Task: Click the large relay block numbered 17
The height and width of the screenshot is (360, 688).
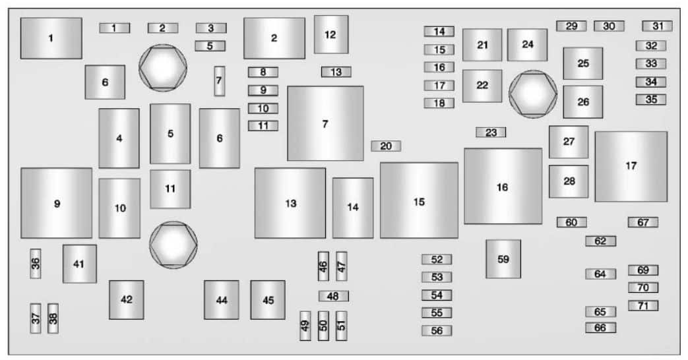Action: [631, 166]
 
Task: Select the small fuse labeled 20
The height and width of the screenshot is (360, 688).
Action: [386, 146]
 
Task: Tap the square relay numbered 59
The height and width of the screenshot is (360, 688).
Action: [503, 258]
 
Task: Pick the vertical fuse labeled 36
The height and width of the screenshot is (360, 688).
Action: [36, 264]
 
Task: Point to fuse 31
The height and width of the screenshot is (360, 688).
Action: [657, 26]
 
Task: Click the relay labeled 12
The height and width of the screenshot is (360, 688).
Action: [331, 34]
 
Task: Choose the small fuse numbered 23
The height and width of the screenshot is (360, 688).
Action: [491, 132]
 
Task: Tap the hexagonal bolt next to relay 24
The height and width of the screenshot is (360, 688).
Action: [533, 94]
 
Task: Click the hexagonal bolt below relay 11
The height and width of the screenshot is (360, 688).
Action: [173, 245]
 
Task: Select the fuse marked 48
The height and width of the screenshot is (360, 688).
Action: [334, 296]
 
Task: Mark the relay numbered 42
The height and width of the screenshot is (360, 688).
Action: [127, 299]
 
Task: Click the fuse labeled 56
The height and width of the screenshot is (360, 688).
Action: [437, 330]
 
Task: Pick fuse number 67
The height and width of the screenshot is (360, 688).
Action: [642, 222]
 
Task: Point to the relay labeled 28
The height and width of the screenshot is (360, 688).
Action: [569, 181]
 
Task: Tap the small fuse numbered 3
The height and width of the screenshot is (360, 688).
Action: [211, 28]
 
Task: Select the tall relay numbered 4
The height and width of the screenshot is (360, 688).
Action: [119, 138]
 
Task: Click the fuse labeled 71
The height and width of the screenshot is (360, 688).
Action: [642, 306]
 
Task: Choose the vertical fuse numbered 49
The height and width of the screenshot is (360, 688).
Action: [305, 326]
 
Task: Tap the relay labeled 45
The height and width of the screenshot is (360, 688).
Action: [268, 300]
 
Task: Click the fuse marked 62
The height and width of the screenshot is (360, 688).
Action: [601, 241]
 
